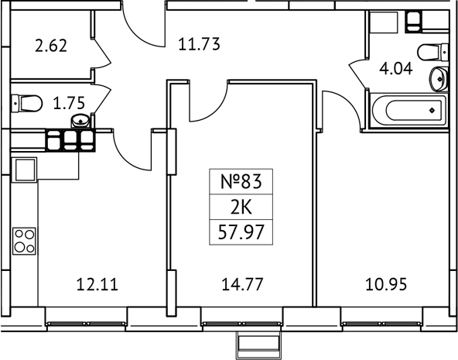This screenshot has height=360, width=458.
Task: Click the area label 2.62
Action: (51, 45)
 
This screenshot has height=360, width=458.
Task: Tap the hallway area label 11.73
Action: (200, 45)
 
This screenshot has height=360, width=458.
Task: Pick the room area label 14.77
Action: (242, 283)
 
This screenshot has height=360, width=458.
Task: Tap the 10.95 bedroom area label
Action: (384, 283)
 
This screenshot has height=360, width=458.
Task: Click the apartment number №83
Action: (242, 183)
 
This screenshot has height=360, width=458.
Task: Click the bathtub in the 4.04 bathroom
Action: (408, 111)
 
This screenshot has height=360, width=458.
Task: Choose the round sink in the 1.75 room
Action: (80, 119)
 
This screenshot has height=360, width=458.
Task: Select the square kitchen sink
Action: (24, 168)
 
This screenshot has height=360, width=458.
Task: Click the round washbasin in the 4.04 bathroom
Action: (439, 77)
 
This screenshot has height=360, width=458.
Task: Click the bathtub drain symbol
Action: (431, 111)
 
